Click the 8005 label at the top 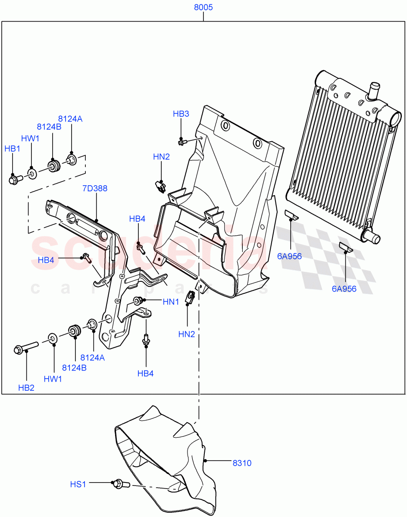pyautogui.click(x=203, y=8)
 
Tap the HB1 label pyautogui.click(x=13, y=149)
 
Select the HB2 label pyautogui.click(x=26, y=388)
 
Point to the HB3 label pyautogui.click(x=181, y=114)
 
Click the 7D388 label pyautogui.click(x=95, y=188)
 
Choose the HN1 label pyautogui.click(x=171, y=302)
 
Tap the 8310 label pyautogui.click(x=242, y=463)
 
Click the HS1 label pyautogui.click(x=78, y=484)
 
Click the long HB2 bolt pyautogui.click(x=26, y=348)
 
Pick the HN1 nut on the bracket pyautogui.click(x=138, y=300)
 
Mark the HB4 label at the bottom pyautogui.click(x=145, y=374)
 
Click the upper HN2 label pyautogui.click(x=162, y=157)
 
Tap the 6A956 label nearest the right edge pyautogui.click(x=344, y=289)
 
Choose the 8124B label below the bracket pyautogui.click(x=74, y=368)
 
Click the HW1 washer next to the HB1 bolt pyautogui.click(x=32, y=174)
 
